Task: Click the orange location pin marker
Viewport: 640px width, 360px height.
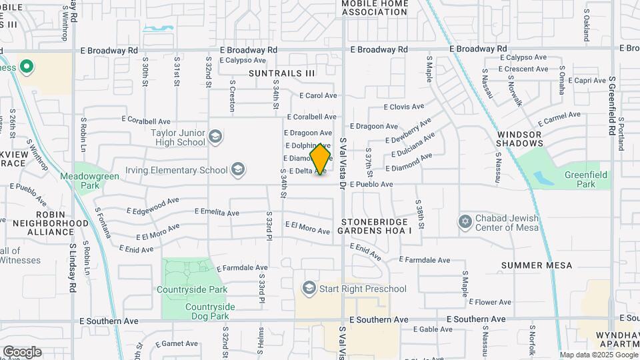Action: coord(321,159)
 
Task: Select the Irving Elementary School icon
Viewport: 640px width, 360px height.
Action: coord(238,170)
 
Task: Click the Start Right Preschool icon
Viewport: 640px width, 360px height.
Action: coord(309,288)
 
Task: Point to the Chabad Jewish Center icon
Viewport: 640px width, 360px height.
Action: coord(465,221)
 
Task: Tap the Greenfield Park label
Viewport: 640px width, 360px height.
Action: coord(577,180)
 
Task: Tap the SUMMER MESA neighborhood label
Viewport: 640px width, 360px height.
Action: coord(537,265)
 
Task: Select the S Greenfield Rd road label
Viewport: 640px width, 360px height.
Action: coord(611,107)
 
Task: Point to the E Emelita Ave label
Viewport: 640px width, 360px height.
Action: coord(217,212)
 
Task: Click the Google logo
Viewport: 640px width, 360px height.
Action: coord(22,352)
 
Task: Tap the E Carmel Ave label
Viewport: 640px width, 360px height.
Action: coord(560,119)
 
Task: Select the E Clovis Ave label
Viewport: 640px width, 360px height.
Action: coord(404,107)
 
